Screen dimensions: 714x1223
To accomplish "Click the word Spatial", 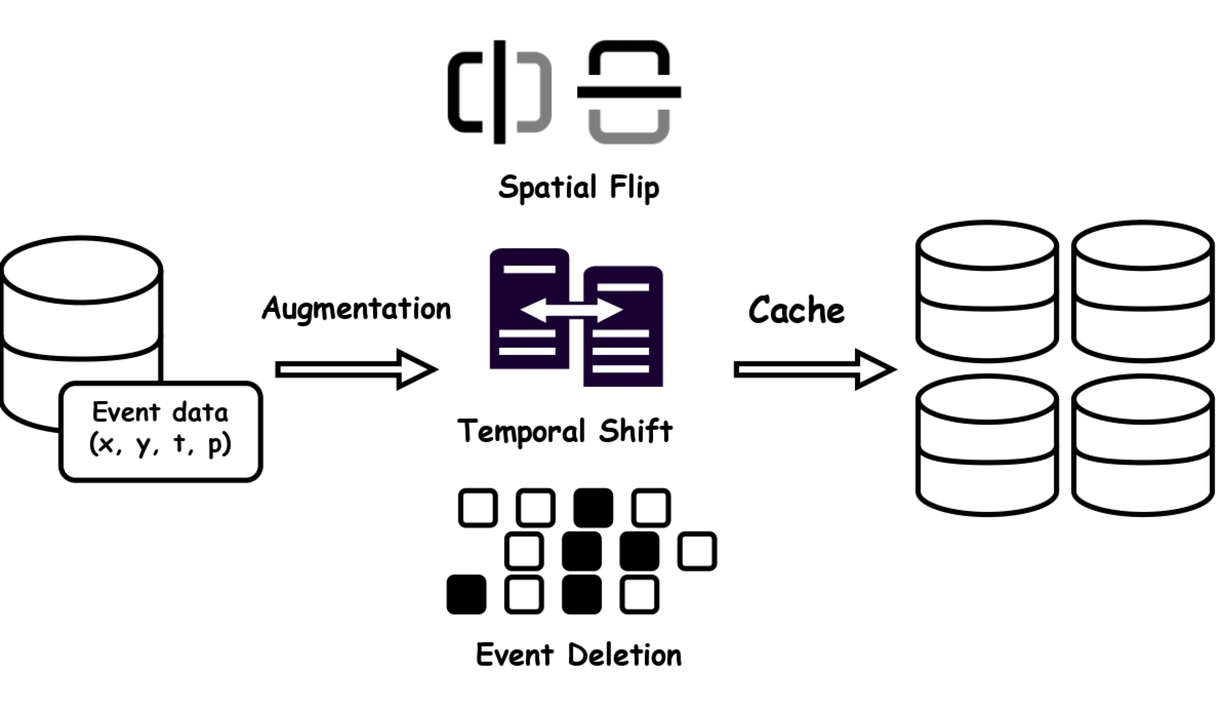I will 546,187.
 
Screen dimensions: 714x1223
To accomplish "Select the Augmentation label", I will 356,309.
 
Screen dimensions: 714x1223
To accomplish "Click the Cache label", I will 796,311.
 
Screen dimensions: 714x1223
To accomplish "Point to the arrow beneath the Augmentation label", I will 355,369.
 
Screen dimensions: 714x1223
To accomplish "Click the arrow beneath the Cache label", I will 814,369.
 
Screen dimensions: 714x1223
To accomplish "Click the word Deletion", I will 624,655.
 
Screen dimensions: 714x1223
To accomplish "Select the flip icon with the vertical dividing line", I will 500,92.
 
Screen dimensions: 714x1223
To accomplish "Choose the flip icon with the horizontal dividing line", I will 629,92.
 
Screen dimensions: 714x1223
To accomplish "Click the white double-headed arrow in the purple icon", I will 572,310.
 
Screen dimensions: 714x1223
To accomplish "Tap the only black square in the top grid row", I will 593,508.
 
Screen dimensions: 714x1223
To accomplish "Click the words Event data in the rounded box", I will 160,412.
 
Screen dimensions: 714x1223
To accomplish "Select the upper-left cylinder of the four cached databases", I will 987,291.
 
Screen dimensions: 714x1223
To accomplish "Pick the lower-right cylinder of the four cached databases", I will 1142,446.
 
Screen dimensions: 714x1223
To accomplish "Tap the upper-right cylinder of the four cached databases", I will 1142,291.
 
